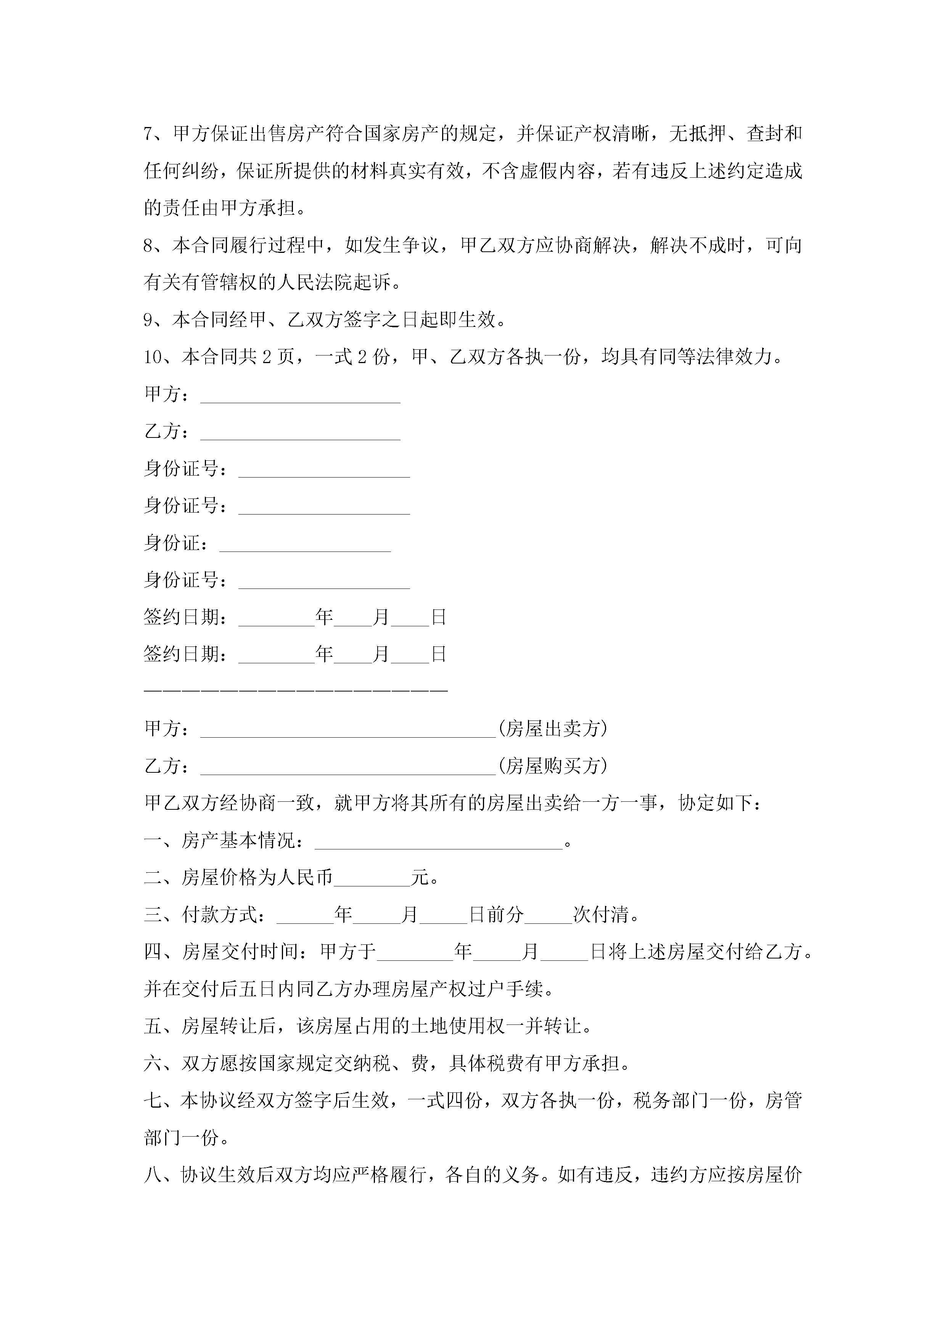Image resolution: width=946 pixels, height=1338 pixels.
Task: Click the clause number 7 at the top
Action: [149, 134]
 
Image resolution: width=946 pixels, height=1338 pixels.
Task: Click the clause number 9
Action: [149, 319]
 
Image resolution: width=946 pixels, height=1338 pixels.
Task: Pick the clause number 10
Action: [154, 357]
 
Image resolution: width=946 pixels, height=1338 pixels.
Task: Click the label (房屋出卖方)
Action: [553, 729]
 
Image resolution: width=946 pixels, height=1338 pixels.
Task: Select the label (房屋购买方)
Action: [553, 766]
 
